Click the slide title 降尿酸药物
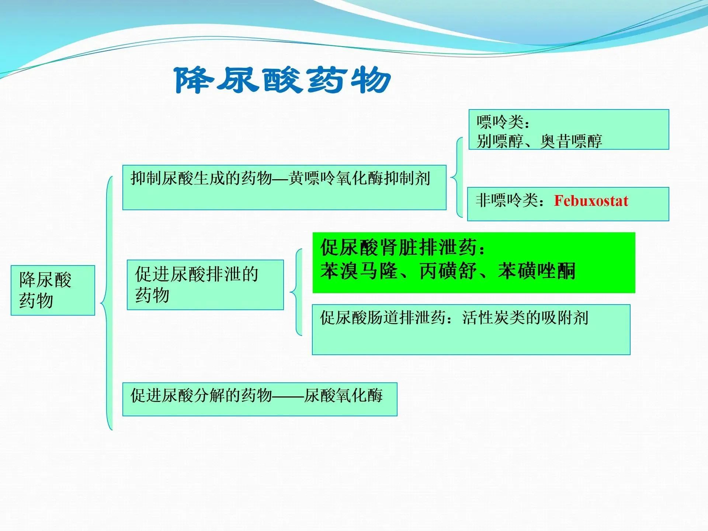click(283, 80)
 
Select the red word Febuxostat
click(591, 201)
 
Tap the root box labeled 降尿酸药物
click(53, 290)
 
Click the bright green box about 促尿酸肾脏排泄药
click(474, 263)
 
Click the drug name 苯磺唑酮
click(537, 271)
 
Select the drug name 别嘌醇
click(500, 141)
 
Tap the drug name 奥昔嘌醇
click(571, 141)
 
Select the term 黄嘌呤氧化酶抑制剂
click(360, 178)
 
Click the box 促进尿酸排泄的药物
click(205, 285)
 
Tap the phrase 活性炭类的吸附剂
click(525, 317)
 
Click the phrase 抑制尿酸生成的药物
click(201, 178)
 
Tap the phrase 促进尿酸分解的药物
click(201, 395)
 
